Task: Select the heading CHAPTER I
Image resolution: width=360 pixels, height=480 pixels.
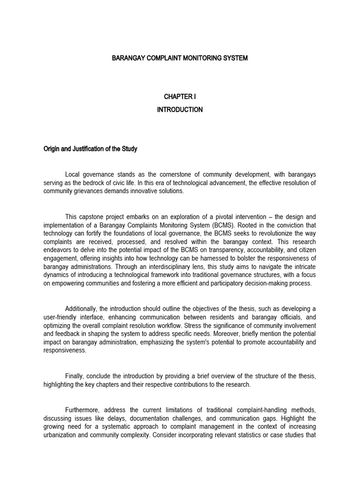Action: [180, 97]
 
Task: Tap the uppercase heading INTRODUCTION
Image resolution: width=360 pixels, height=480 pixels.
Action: [180, 110]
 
